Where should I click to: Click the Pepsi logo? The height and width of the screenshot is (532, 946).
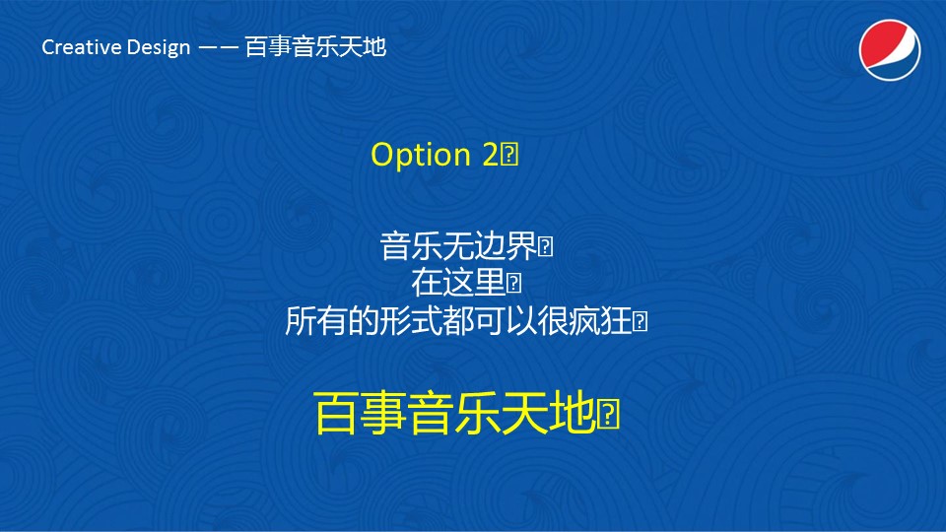(890, 50)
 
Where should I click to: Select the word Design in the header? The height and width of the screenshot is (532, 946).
(159, 48)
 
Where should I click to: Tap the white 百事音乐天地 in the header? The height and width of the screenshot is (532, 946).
(315, 47)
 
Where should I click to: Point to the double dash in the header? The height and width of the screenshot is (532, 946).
(219, 47)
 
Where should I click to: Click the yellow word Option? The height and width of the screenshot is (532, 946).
(421, 155)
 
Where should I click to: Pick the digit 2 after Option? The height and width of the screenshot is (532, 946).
(490, 155)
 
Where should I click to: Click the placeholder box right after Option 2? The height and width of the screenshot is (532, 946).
(509, 155)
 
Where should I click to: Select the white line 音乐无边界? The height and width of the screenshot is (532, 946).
(458, 246)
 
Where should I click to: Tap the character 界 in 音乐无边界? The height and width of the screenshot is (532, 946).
(521, 246)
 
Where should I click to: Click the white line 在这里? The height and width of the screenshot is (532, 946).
(458, 283)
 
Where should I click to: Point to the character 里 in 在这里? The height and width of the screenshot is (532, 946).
(490, 283)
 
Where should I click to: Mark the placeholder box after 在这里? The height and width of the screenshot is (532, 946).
(514, 283)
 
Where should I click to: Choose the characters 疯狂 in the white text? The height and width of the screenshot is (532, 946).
(600, 320)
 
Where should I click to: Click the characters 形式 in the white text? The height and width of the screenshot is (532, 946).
(411, 320)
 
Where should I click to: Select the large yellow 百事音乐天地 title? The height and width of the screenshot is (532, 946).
(455, 413)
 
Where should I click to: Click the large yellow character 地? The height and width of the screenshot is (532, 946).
(574, 413)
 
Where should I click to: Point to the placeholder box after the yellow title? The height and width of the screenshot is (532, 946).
(609, 414)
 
